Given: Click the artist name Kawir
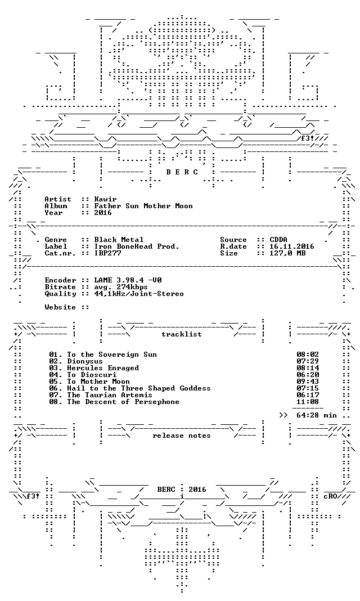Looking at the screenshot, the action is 105,199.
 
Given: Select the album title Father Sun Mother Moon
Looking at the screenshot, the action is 143,206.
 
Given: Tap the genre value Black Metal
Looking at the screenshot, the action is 119,240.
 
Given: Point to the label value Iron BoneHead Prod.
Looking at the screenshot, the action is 137,246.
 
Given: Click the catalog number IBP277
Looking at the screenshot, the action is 107,253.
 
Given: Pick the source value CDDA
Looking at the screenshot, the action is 278,240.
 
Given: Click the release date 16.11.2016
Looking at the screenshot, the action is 292,246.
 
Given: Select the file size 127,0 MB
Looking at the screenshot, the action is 287,253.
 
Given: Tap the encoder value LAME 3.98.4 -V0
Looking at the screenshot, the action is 128,280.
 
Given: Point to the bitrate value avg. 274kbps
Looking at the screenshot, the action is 121,287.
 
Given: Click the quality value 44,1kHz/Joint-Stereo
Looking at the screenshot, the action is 139,294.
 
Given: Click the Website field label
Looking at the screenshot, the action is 60,307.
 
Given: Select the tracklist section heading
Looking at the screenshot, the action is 182,334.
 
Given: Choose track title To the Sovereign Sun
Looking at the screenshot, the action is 112,355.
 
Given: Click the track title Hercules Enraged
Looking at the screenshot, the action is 103,368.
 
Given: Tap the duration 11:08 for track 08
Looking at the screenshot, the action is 308,402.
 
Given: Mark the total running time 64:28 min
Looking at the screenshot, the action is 317,415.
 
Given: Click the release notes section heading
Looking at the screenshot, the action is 182,436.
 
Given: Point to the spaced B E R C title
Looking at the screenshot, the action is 182,172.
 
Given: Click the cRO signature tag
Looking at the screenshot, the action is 330,496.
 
